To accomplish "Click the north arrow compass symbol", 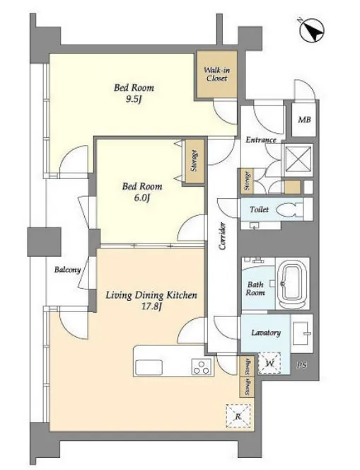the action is click(x=312, y=30).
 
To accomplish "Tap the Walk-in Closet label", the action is click(x=217, y=74).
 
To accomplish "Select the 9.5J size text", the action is click(x=133, y=99).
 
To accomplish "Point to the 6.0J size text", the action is click(x=141, y=198).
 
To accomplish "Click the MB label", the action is click(x=304, y=120).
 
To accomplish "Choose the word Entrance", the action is click(x=261, y=139).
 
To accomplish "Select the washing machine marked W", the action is click(x=269, y=362).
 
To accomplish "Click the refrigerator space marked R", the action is click(x=238, y=415).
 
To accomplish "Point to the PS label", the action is click(x=302, y=365).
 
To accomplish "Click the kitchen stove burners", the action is click(x=202, y=367).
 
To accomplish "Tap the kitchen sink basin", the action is click(x=149, y=367).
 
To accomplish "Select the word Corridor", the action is click(x=222, y=236).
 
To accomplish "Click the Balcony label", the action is click(x=68, y=270).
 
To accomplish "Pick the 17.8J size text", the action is click(x=151, y=306).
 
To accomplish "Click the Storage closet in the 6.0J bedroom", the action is click(x=194, y=161).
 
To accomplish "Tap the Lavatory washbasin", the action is click(x=301, y=333).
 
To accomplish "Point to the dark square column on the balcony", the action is click(x=45, y=241).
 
